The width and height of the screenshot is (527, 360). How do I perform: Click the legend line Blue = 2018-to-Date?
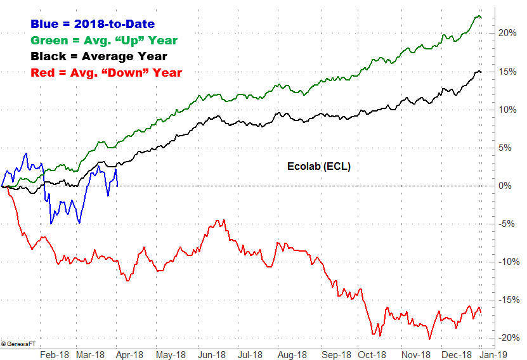93,25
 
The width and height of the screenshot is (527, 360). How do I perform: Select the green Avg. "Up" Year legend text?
104,41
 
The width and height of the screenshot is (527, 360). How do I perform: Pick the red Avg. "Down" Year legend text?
107,72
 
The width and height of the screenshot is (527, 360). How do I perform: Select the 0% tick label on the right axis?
504,186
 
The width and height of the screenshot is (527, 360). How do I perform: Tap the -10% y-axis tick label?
507,262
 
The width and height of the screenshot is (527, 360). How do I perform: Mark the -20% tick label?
507,338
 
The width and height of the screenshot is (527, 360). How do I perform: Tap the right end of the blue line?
118,185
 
